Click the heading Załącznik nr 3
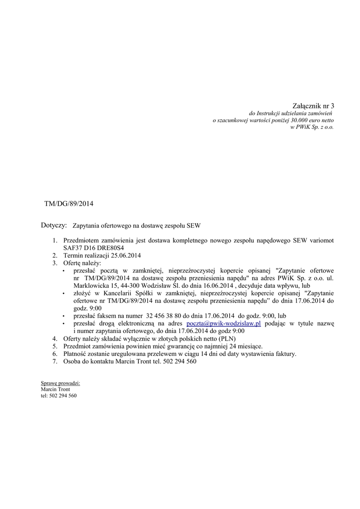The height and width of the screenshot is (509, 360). [x=313, y=106]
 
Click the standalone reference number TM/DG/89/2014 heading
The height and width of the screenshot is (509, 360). [x=69, y=204]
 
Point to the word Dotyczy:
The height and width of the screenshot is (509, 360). [x=54, y=226]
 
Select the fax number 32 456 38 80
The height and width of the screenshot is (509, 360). [x=164, y=316]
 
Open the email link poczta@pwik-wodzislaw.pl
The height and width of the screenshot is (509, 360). [x=223, y=323]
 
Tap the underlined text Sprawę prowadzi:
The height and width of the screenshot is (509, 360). [x=60, y=383]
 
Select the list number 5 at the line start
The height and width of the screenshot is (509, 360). [x=55, y=346]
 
